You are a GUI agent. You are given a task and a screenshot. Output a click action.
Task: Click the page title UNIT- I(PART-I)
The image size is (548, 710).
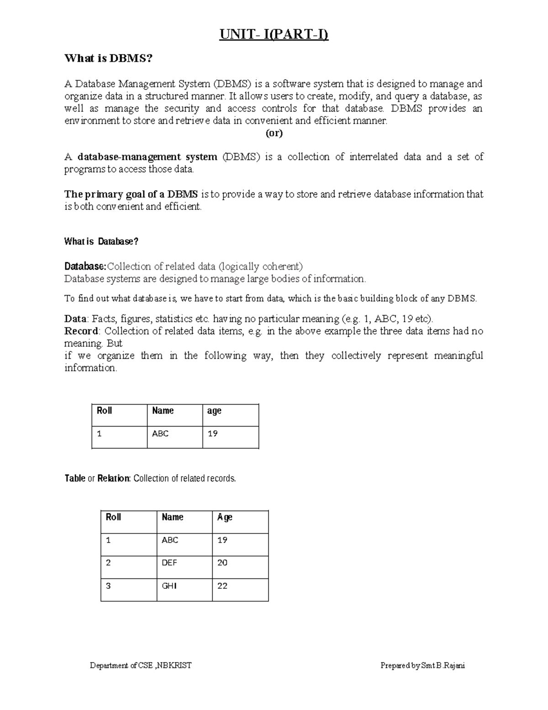pos(274,35)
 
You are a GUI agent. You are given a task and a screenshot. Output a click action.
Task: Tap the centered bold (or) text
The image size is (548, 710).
pos(274,133)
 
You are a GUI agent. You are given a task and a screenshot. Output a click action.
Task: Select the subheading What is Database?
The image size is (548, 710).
pos(101,241)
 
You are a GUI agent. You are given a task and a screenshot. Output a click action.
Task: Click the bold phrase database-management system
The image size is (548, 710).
pos(147,157)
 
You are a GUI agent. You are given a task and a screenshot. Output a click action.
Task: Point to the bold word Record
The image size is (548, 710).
pos(81,331)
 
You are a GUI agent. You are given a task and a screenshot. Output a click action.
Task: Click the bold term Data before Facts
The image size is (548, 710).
pos(75,319)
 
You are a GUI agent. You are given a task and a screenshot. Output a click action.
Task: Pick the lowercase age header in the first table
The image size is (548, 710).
pos(214,411)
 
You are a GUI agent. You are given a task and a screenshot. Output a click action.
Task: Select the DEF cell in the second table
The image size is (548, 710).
pos(169,563)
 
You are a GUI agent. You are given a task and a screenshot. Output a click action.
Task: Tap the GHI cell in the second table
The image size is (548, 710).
pos(169,586)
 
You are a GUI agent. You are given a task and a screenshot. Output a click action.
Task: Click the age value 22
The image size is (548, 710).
pos(222,586)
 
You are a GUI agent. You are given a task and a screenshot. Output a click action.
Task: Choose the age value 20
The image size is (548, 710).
pos(222,563)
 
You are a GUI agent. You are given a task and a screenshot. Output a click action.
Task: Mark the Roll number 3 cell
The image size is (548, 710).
pos(108,586)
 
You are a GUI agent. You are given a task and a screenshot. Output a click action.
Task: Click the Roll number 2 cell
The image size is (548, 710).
pos(108,563)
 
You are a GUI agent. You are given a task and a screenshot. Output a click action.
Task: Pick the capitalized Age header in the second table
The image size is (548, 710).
pos(225,517)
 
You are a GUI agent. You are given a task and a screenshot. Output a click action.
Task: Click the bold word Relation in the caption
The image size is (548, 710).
pos(114,479)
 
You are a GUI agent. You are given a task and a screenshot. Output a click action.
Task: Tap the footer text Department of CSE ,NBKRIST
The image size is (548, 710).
pos(141,666)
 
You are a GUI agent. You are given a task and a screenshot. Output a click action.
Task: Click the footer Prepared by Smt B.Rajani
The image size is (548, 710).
pos(422,666)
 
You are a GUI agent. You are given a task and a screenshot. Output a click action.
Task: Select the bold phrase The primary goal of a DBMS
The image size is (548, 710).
pos(131,194)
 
